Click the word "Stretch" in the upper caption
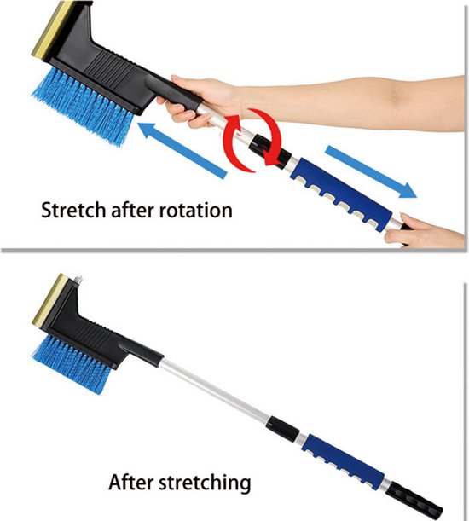pyautogui.click(x=72, y=210)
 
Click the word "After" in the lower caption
pyautogui.click(x=131, y=482)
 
